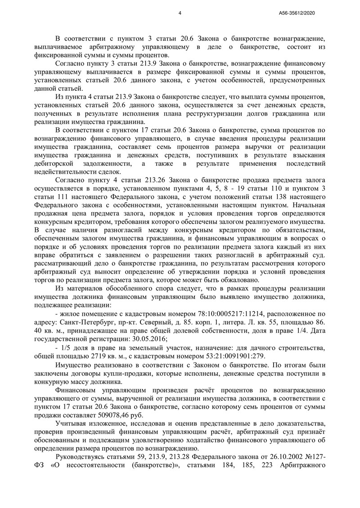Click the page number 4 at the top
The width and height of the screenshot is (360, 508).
click(x=180, y=13)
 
